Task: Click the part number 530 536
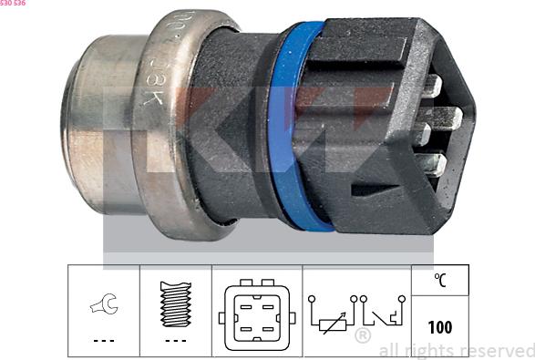coord(15,5)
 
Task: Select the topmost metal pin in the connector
coord(432,87)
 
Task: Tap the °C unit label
coord(440,281)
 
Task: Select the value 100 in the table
coord(440,326)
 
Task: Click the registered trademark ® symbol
coord(362,336)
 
